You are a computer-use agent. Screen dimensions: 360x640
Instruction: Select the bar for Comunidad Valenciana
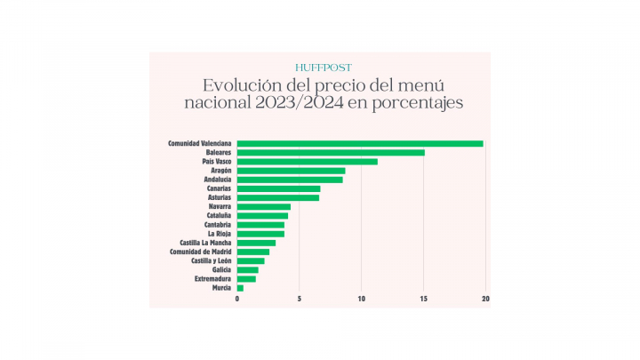tap(360, 143)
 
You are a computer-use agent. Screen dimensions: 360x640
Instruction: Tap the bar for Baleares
tap(331, 153)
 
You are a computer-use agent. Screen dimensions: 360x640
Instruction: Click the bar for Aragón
tap(291, 171)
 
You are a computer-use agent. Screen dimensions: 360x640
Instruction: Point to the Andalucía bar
tap(290, 180)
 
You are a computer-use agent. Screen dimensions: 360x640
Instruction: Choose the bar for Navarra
tap(264, 207)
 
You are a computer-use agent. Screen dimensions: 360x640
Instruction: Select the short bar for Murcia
tap(240, 288)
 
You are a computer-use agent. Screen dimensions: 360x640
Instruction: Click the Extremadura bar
tap(246, 279)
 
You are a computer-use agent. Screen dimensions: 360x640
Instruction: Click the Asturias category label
tap(218, 197)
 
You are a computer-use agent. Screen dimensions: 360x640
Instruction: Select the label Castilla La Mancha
tap(205, 243)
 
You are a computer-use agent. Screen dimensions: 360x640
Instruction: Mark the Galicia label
tap(221, 269)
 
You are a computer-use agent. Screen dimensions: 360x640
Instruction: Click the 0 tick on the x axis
tap(237, 299)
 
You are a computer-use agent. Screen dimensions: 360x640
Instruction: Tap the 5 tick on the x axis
tap(300, 299)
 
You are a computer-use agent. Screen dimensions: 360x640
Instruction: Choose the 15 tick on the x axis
tap(424, 299)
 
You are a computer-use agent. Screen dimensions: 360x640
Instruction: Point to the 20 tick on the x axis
tap(485, 299)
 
